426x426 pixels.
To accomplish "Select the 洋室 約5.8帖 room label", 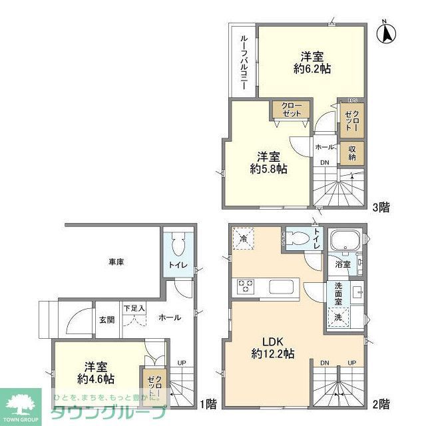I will click(269, 163).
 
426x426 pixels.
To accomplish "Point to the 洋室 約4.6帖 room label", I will click(95, 372).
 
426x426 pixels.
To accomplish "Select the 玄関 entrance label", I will click(106, 319).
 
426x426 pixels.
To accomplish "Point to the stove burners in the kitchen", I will click(245, 287).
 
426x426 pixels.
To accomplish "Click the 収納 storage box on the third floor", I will click(351, 153).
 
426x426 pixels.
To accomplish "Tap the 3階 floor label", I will click(381, 207).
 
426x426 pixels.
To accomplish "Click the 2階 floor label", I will click(381, 403).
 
